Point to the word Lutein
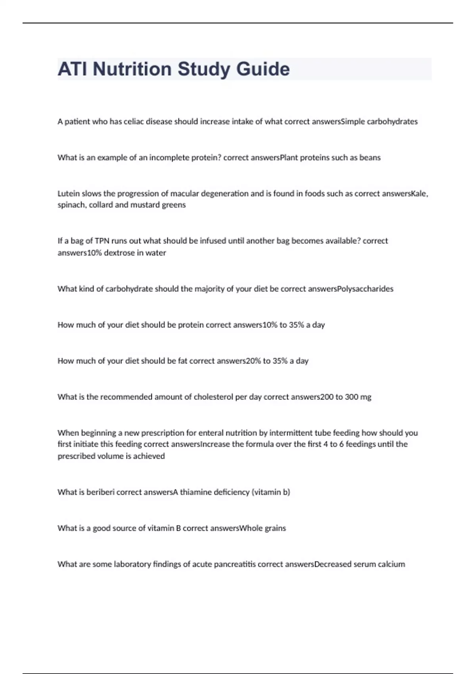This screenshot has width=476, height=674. [x=69, y=194]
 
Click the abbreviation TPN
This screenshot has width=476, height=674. [x=102, y=241]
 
